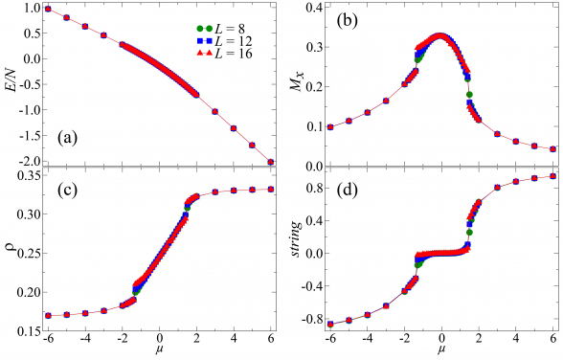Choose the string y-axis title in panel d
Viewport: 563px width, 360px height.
pos(293,253)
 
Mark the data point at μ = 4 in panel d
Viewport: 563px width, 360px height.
pos(516,181)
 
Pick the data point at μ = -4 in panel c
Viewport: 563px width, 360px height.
pos(85,313)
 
